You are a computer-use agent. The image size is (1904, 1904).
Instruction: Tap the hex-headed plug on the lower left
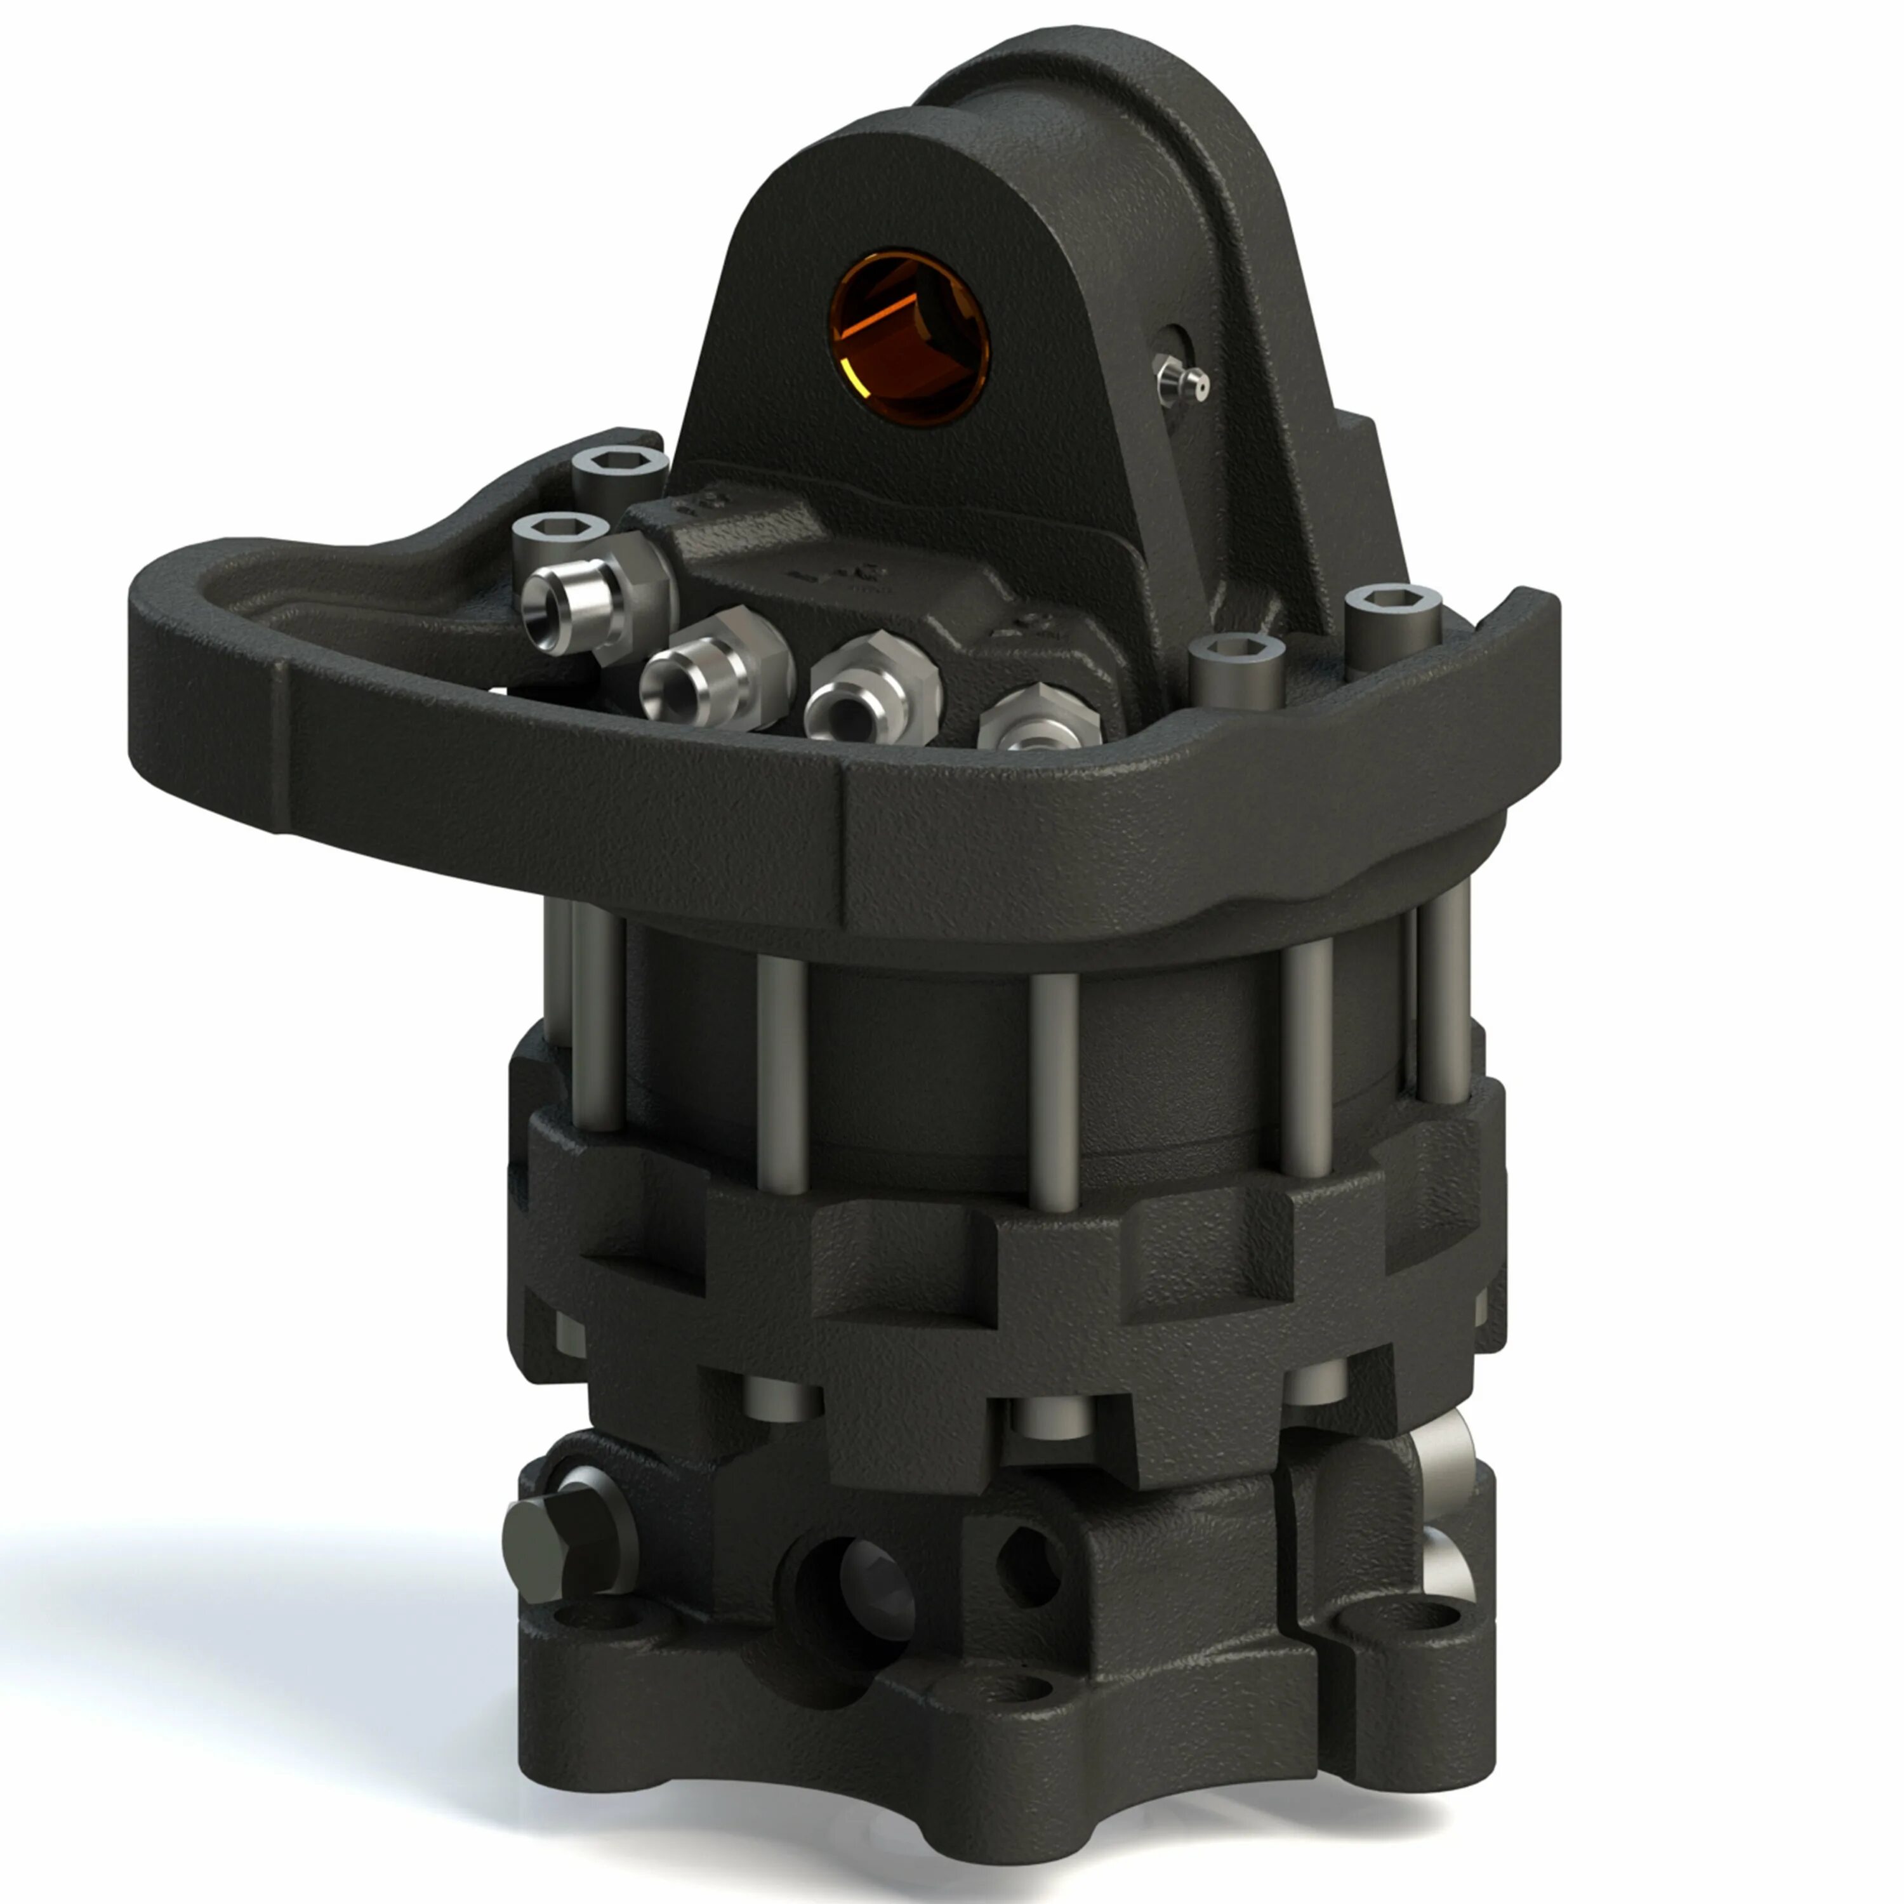click(x=552, y=1546)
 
